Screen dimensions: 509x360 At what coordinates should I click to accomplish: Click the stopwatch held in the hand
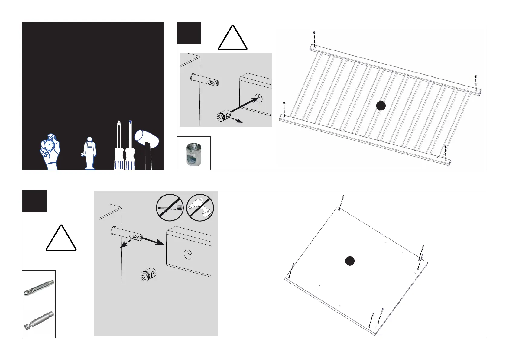click(48, 145)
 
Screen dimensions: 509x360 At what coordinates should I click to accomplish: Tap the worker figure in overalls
click(89, 153)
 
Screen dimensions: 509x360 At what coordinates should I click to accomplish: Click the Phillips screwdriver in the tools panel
click(118, 145)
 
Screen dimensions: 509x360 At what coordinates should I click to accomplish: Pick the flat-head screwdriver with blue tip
click(130, 145)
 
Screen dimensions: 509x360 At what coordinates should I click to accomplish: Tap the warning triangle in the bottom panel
click(61, 239)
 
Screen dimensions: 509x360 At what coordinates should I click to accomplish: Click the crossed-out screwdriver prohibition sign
click(170, 208)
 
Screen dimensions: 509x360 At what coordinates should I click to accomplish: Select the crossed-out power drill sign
click(200, 208)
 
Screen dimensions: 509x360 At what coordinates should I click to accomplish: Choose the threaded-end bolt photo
click(39, 287)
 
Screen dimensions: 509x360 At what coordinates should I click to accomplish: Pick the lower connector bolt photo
click(39, 321)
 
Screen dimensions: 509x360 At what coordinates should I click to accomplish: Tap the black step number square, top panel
click(189, 33)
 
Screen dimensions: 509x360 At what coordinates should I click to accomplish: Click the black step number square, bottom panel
click(34, 201)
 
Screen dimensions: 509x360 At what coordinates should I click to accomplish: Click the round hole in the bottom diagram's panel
click(188, 255)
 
